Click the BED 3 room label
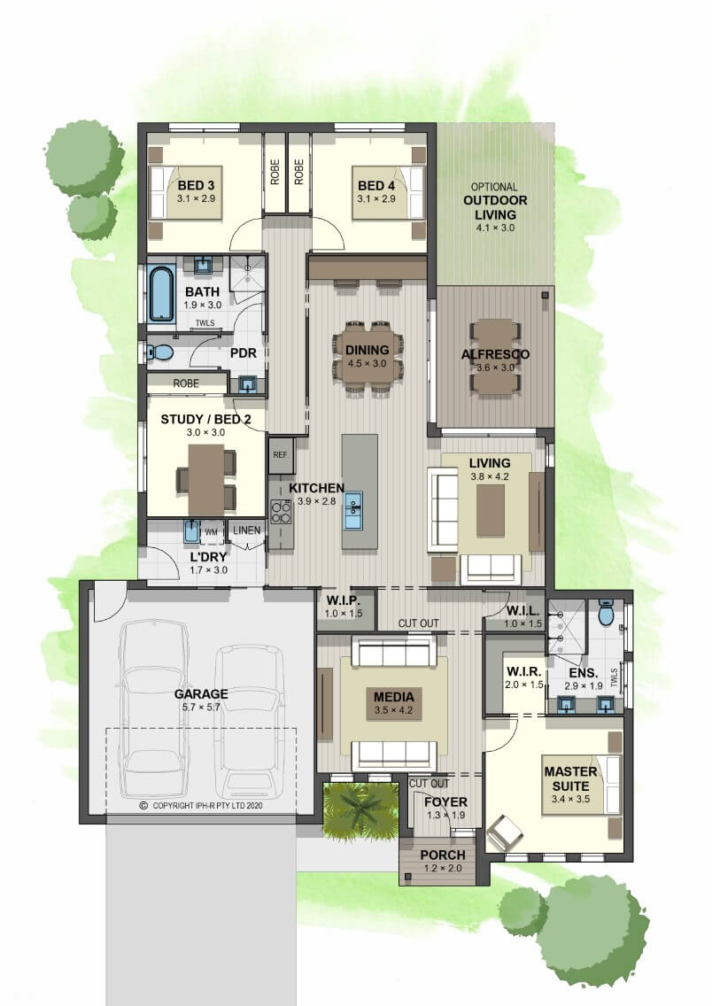pyautogui.click(x=197, y=185)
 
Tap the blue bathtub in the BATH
pyautogui.click(x=162, y=295)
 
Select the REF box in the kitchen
pyautogui.click(x=281, y=455)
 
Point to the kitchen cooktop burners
pyautogui.click(x=281, y=511)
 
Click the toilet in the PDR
pyautogui.click(x=159, y=352)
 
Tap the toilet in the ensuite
pyautogui.click(x=606, y=613)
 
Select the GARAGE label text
pyautogui.click(x=201, y=693)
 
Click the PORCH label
pyautogui.click(x=443, y=855)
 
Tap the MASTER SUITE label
pyautogui.click(x=571, y=778)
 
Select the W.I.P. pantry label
pyautogui.click(x=344, y=601)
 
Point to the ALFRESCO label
pyautogui.click(x=495, y=354)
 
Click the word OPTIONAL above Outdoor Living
pyautogui.click(x=494, y=187)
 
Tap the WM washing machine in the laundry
pyautogui.click(x=212, y=532)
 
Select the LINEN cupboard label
pyautogui.click(x=247, y=530)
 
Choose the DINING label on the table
pyautogui.click(x=367, y=351)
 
